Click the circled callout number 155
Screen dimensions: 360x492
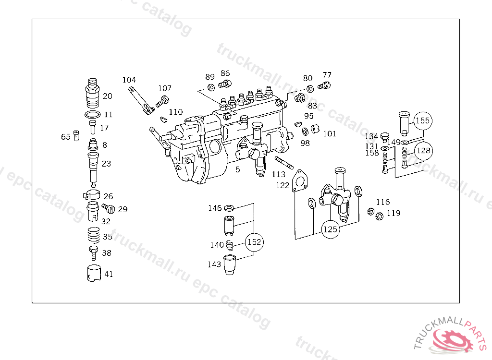pyautogui.click(x=423, y=120)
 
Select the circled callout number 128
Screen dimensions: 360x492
pyautogui.click(x=423, y=150)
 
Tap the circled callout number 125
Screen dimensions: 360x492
pyautogui.click(x=330, y=229)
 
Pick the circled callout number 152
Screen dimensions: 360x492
pyautogui.click(x=254, y=242)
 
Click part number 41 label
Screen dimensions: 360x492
pyautogui.click(x=109, y=275)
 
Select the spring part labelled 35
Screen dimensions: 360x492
pyautogui.click(x=93, y=237)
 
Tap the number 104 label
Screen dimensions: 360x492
pyautogui.click(x=129, y=80)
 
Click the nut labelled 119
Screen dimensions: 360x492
pyautogui.click(x=379, y=216)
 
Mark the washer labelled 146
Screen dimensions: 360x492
pyautogui.click(x=230, y=208)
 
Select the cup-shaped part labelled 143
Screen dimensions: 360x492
pyautogui.click(x=231, y=265)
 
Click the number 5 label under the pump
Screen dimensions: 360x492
pyautogui.click(x=237, y=169)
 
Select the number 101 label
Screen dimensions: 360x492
pyautogui.click(x=330, y=133)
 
